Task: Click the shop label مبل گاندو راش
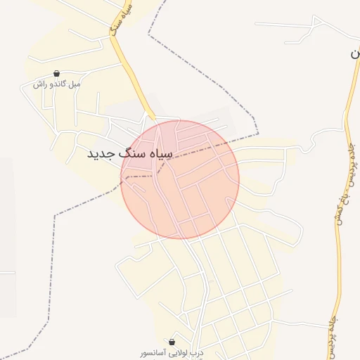[x=56, y=84]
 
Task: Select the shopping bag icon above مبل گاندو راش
[x=56, y=73]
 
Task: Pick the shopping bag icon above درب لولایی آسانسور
[x=172, y=341]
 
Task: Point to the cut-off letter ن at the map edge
[x=354, y=53]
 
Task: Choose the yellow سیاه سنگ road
[x=130, y=70]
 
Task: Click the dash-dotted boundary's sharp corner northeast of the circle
[x=257, y=133]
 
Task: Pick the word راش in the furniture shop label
[x=38, y=84]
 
